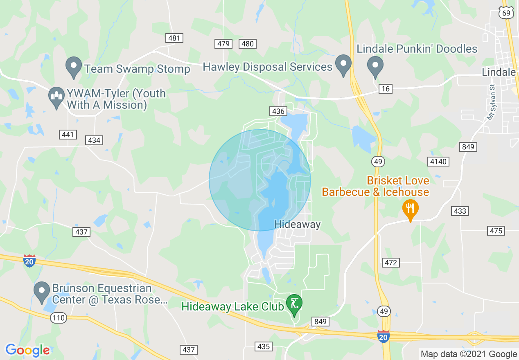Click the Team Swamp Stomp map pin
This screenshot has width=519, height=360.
pos(74,67)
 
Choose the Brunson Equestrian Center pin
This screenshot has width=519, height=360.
pos(41,292)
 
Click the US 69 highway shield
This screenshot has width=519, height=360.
pos(506,13)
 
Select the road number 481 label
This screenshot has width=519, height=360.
pos(174,38)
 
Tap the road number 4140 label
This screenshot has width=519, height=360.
pos(438,162)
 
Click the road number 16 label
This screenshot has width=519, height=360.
pos(385,89)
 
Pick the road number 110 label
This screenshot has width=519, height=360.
pos(59,317)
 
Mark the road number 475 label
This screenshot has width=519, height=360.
pos(496,231)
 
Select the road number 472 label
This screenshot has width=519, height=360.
pos(391,262)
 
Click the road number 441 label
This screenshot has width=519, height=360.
pos(68,135)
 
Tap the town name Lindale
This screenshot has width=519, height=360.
pos(499,72)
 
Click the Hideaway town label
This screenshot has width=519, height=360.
pos(298,224)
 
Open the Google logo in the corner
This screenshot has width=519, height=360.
pos(27,351)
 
